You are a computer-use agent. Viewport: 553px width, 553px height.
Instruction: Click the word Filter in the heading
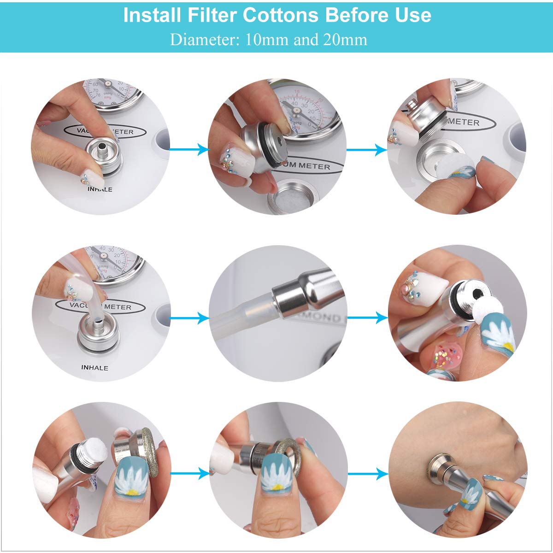pyautogui.click(x=212, y=15)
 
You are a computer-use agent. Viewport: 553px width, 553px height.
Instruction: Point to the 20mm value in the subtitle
pyautogui.click(x=345, y=40)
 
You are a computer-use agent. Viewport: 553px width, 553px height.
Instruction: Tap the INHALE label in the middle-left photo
pyautogui.click(x=94, y=368)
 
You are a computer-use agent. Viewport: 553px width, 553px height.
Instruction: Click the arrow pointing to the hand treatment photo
pyautogui.click(x=367, y=473)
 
